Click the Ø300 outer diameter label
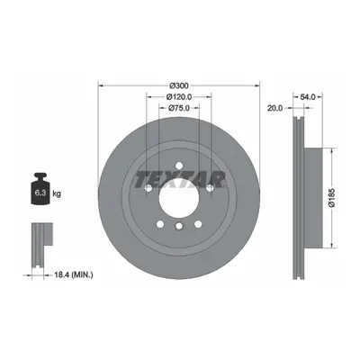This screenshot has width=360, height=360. click(x=179, y=85)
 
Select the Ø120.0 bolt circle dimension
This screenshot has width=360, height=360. click(x=179, y=97)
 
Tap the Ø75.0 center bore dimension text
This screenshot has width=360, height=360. click(x=179, y=108)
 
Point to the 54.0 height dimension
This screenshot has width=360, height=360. click(x=308, y=97)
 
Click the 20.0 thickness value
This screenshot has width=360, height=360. click(x=274, y=108)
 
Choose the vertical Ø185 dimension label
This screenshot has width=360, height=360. click(x=331, y=198)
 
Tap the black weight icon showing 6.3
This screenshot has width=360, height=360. click(x=40, y=189)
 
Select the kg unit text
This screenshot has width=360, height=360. click(x=57, y=193)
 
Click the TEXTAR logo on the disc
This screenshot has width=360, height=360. click(x=180, y=180)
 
